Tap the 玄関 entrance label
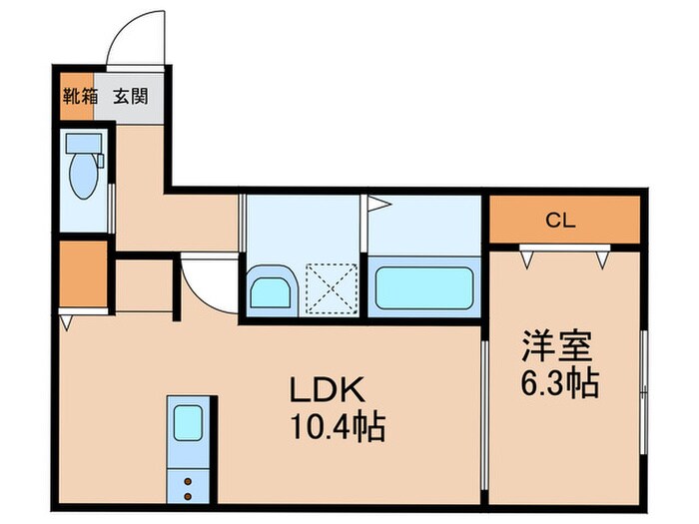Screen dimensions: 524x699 130,98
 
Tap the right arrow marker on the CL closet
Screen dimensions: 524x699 602,258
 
